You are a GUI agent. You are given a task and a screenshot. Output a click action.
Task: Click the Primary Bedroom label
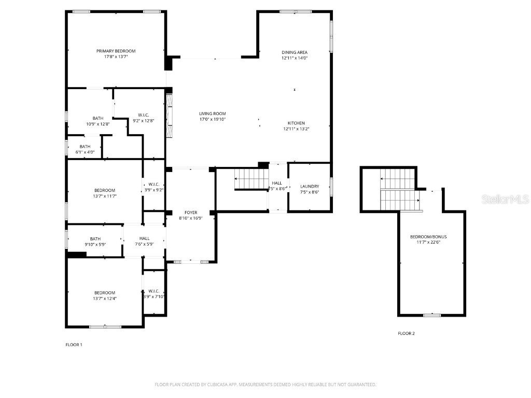(x=116, y=51)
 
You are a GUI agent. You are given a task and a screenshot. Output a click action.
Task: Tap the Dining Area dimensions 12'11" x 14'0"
(x=295, y=59)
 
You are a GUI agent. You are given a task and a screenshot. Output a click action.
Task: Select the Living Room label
(x=213, y=113)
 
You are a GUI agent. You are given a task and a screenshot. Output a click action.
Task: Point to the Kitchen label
(x=297, y=123)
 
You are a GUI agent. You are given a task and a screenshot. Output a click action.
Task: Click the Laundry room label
(x=310, y=187)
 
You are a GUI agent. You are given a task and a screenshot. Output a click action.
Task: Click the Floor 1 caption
(x=74, y=345)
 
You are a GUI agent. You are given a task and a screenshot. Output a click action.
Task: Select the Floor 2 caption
(x=406, y=334)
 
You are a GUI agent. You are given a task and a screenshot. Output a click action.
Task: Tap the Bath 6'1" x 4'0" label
(x=85, y=147)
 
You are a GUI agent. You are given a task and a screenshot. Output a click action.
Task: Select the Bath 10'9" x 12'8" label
(x=98, y=118)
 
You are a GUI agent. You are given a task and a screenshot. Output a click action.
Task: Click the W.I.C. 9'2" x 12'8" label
(x=144, y=115)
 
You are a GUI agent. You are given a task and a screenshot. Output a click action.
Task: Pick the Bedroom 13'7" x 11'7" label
(x=105, y=190)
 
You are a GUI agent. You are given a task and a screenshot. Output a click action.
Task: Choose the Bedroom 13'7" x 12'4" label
(x=105, y=293)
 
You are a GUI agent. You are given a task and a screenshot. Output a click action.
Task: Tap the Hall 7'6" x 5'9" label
(x=144, y=238)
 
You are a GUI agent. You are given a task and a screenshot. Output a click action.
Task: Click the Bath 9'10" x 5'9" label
(x=95, y=239)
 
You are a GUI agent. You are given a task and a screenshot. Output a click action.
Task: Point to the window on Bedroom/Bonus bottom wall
(x=432, y=315)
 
